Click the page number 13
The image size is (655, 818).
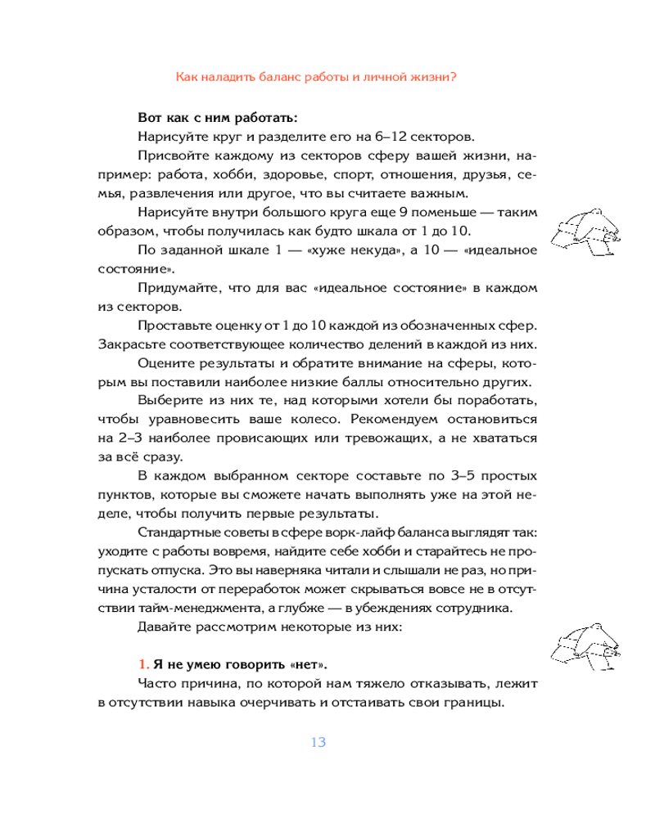(x=318, y=742)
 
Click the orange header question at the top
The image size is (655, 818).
(x=317, y=77)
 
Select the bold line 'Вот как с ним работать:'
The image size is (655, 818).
(x=206, y=115)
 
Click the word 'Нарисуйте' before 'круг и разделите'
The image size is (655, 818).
(x=172, y=135)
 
